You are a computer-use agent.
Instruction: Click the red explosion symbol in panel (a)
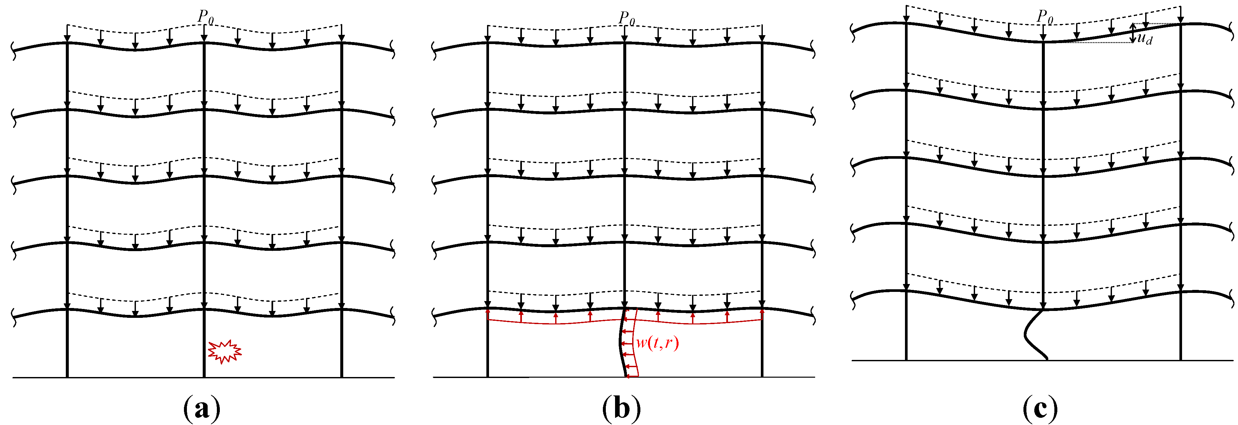tap(224, 352)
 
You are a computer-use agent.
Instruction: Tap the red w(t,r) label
tap(657, 343)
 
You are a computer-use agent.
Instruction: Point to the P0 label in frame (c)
tap(1045, 17)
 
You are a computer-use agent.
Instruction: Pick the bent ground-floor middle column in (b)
tap(622, 343)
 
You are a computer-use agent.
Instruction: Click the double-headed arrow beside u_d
tap(1133, 33)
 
